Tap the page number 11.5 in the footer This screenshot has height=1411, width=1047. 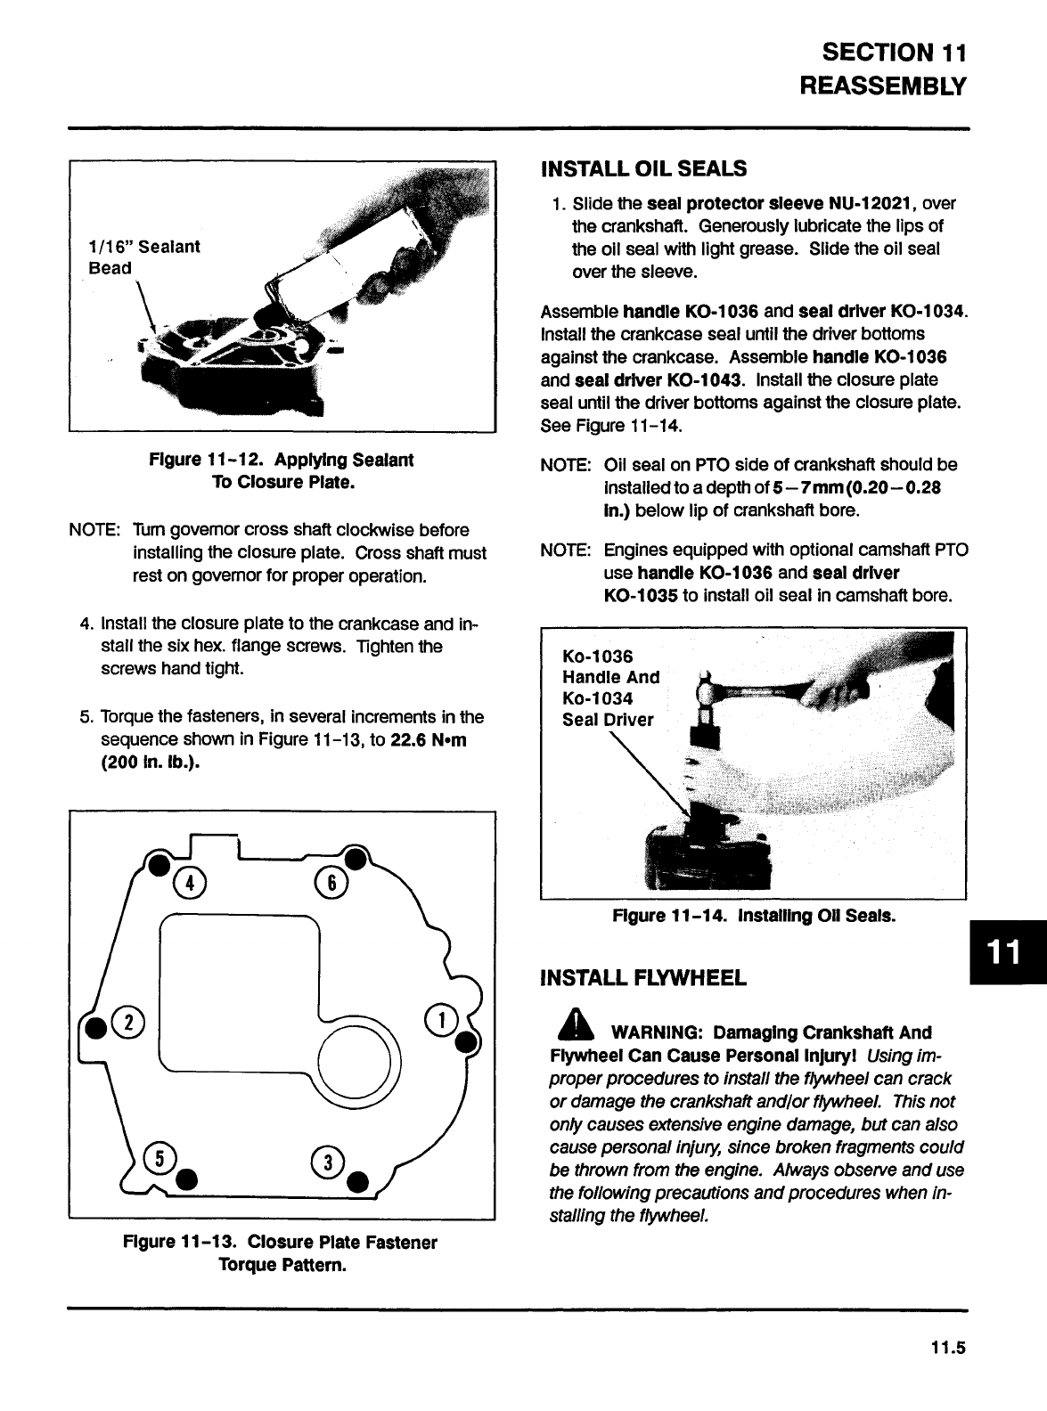(x=950, y=1348)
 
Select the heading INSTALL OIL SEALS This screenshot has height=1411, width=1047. (x=643, y=168)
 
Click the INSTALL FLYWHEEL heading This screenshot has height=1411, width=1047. (x=643, y=978)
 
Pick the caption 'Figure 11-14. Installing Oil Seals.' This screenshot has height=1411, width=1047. (x=754, y=916)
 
